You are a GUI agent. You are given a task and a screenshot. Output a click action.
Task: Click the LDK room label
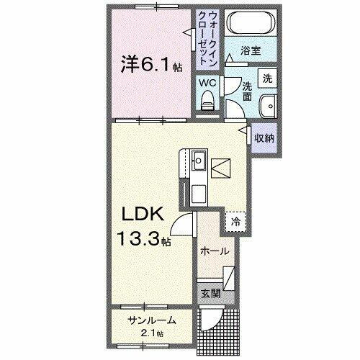[143, 214]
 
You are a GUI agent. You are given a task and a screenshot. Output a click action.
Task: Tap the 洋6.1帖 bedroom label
[150, 66]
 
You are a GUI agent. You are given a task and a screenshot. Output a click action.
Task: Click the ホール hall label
[215, 251]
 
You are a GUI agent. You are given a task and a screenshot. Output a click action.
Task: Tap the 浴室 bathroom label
[250, 51]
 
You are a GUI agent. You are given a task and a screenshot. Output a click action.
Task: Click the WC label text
[207, 83]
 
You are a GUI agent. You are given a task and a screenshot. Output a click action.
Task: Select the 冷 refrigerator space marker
[235, 222]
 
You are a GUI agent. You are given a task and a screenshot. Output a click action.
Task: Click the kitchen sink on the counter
[199, 160]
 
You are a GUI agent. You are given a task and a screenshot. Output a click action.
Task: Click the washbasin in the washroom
[267, 103]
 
